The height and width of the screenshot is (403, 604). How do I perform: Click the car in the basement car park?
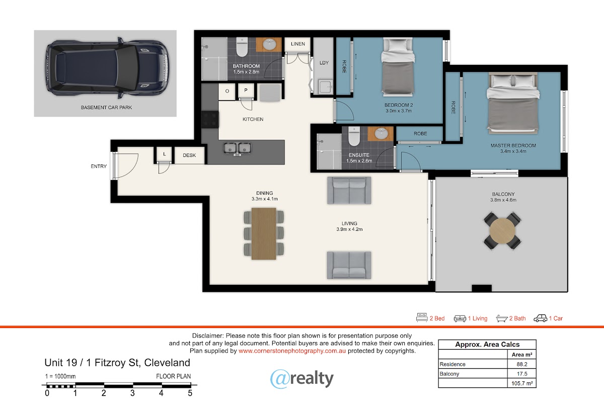[x=107, y=68]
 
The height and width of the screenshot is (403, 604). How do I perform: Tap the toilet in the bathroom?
[x=242, y=47]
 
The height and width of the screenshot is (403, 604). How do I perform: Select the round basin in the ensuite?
[x=381, y=133]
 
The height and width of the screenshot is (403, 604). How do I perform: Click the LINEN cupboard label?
[x=298, y=44]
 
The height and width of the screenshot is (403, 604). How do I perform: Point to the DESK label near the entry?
[x=189, y=155]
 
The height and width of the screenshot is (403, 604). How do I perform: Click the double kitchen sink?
[x=237, y=148]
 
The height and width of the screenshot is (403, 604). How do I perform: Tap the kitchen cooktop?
[x=210, y=119]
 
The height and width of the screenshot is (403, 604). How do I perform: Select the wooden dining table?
[x=264, y=234]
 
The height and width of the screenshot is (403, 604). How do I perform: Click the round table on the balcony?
[x=502, y=231]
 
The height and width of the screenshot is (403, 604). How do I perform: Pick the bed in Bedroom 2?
[x=398, y=67]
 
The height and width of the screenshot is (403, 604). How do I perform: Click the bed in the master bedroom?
[x=513, y=103]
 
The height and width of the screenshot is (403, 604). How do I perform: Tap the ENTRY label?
[x=99, y=167]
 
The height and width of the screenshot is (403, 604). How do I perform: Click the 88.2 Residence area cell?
[x=522, y=364]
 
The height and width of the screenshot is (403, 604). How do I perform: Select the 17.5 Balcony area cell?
[x=522, y=374]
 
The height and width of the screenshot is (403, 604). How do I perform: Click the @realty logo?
[x=302, y=379]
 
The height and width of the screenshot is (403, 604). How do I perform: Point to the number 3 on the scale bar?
[x=132, y=393]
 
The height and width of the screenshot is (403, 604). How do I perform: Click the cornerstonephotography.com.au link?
[x=292, y=351]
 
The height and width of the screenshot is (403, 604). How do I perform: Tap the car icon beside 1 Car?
[x=541, y=318]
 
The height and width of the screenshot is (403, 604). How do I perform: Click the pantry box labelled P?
[x=246, y=91]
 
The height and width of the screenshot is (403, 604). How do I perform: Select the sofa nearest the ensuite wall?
[x=349, y=190]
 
